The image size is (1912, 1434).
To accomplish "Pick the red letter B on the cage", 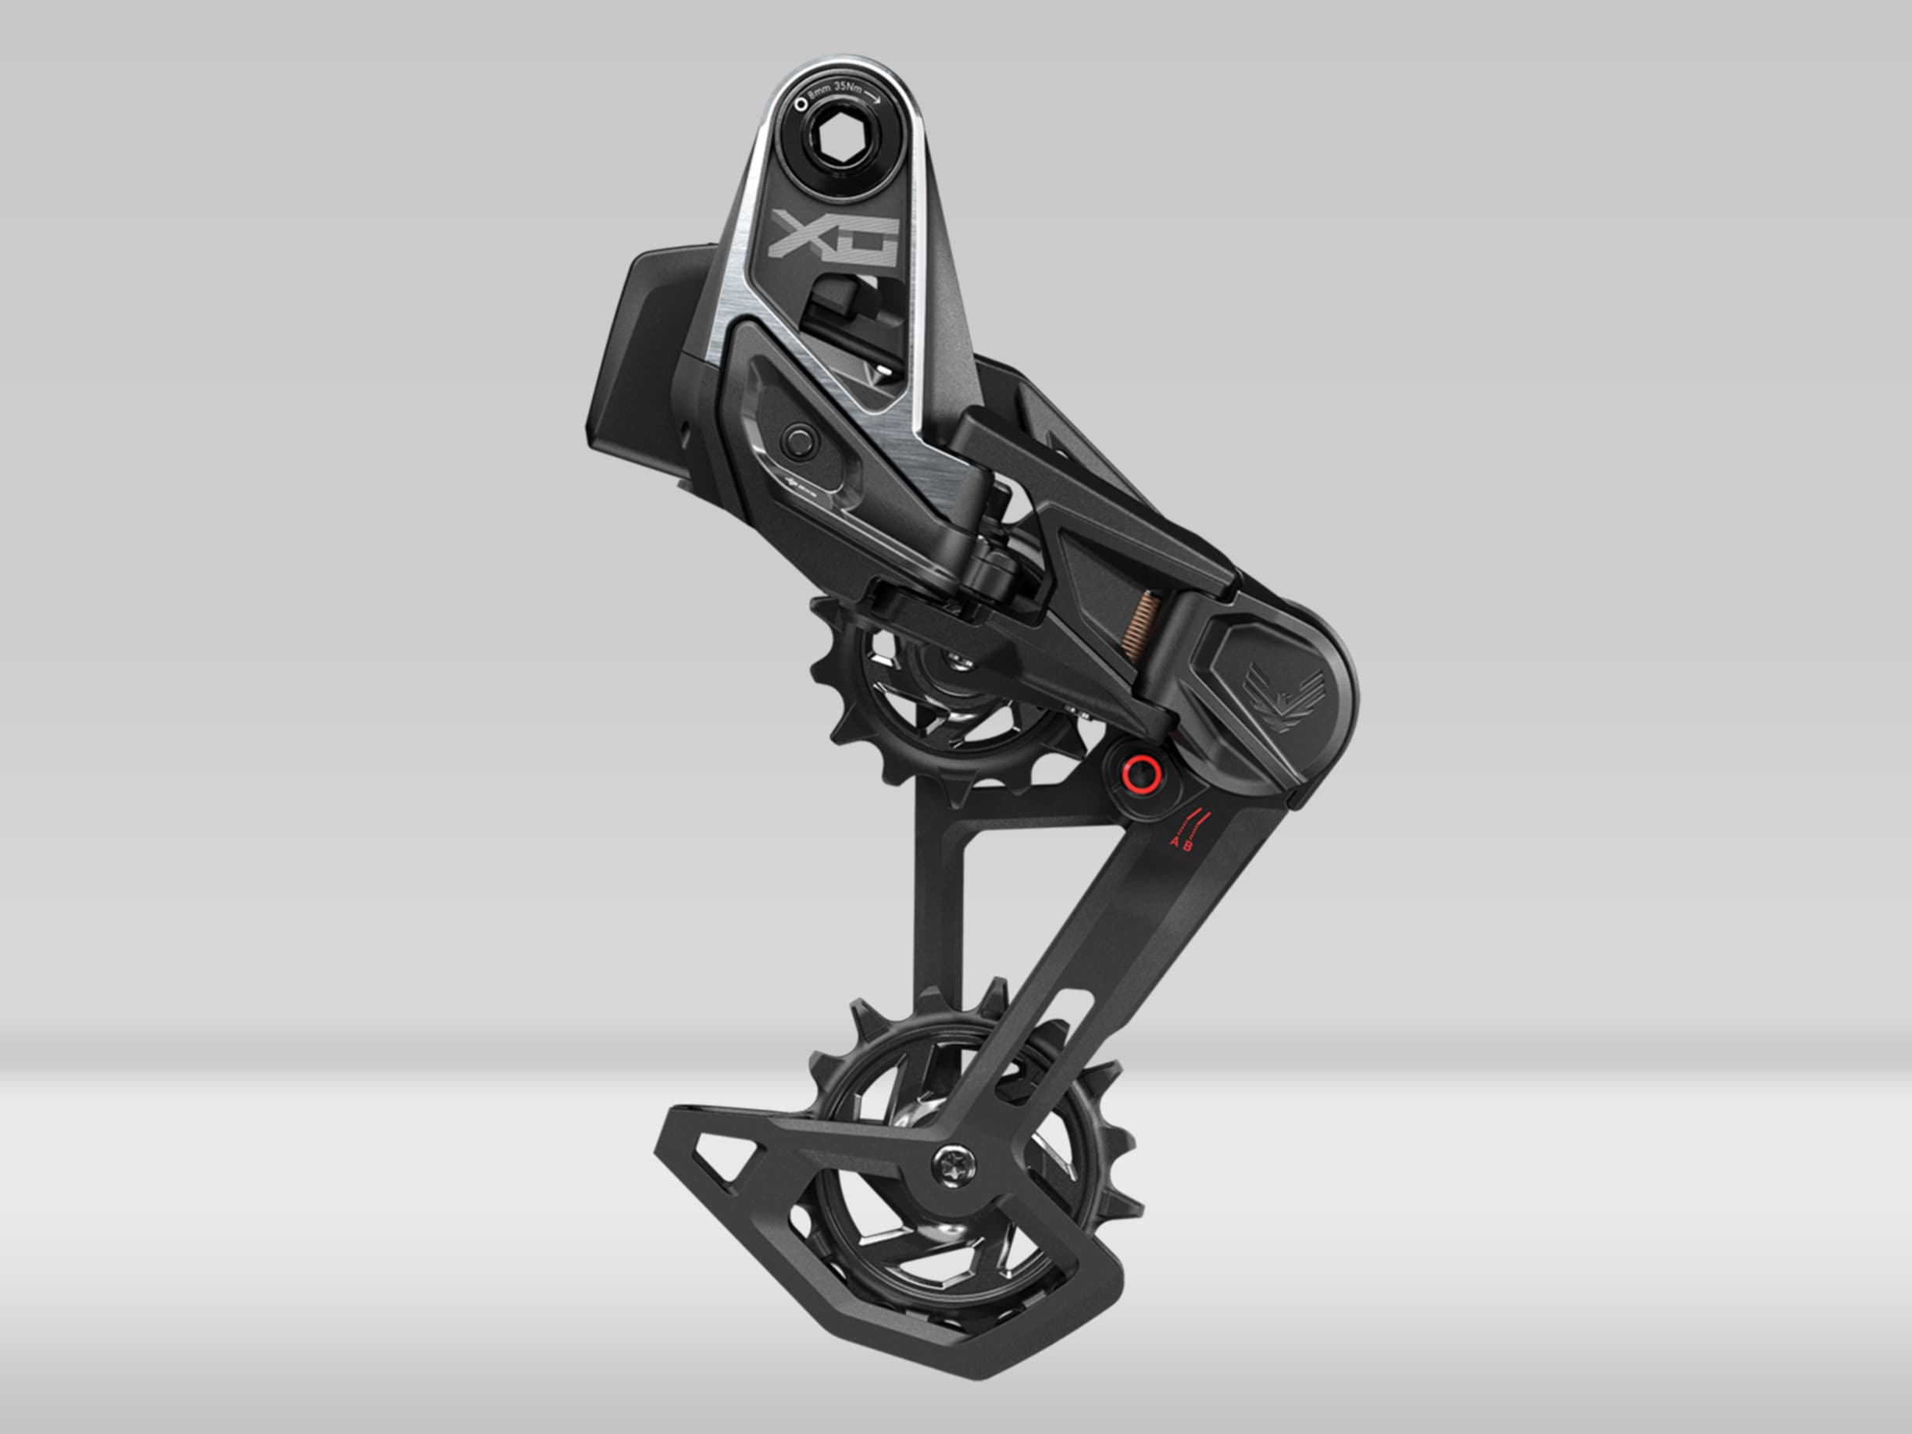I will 1189,844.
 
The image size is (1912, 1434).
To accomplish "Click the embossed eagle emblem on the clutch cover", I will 1282,691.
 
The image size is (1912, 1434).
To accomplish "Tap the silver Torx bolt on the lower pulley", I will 954,1165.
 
